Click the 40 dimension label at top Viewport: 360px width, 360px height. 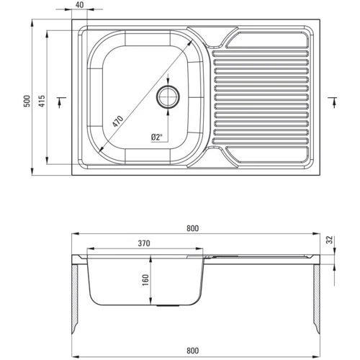[80, 5]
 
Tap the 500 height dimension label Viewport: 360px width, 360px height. [27, 101]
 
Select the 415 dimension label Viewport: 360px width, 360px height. [42, 101]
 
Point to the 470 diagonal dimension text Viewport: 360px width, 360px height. [118, 122]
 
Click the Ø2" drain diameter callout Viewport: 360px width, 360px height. [157, 138]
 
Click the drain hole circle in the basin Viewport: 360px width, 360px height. [168, 96]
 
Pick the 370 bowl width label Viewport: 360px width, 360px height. [144, 243]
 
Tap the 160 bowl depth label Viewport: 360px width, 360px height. [145, 280]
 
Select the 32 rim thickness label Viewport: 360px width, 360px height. [330, 240]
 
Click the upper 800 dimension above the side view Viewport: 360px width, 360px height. [193, 228]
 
